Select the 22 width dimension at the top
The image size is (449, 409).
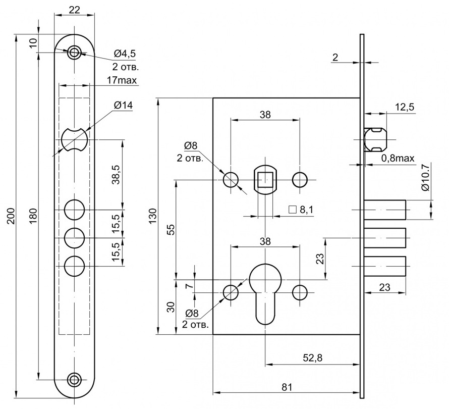point(75,10)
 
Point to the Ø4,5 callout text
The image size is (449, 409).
point(125,54)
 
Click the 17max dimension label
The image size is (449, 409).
point(122,80)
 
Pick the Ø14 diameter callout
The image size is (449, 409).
point(123,106)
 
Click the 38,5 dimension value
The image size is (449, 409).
point(117,175)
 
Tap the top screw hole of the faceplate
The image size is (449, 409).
point(75,53)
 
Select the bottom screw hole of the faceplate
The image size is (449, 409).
point(75,380)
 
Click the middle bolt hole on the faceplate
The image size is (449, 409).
point(75,238)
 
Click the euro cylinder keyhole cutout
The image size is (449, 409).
point(265,294)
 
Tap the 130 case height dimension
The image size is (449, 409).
point(152,216)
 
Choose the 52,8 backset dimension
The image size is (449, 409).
point(312,357)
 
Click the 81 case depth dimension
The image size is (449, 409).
point(287,387)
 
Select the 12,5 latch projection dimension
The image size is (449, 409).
point(405,107)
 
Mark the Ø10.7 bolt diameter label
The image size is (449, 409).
point(425,178)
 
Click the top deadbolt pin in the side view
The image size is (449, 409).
point(385,210)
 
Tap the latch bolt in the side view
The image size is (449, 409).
point(375,139)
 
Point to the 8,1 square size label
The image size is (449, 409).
point(301,210)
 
